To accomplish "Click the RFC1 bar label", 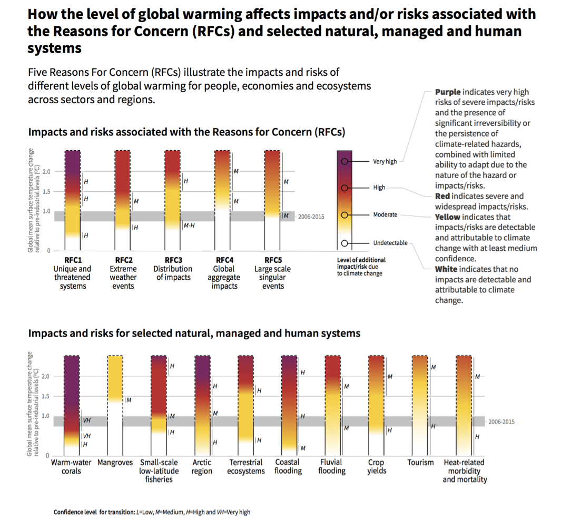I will tap(72, 260).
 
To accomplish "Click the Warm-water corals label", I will tap(72, 466).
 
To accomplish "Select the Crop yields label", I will tap(376, 466).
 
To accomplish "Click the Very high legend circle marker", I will tap(345, 162).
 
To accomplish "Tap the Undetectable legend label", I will tap(390, 243).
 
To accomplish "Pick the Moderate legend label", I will tap(385, 215).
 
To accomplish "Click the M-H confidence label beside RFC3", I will tap(189, 225).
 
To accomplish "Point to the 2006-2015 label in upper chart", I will tap(311, 217).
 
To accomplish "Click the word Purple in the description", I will tap(448, 92).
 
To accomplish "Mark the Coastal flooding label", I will tap(288, 466).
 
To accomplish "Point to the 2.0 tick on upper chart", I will tap(46, 172).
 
